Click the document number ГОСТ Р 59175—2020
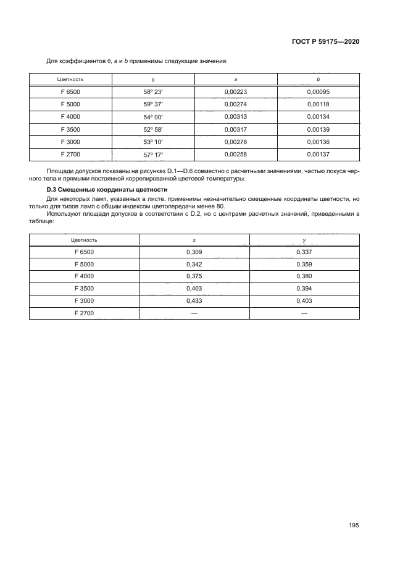325,41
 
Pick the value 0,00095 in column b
318,91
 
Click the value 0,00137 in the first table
318,155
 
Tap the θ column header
152,80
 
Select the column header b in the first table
318,80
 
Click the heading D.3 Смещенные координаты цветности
107,189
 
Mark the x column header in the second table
194,239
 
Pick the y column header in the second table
304,239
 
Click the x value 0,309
194,252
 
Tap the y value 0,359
304,264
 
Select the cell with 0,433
194,301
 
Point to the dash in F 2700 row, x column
194,313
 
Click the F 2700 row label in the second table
84,313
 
